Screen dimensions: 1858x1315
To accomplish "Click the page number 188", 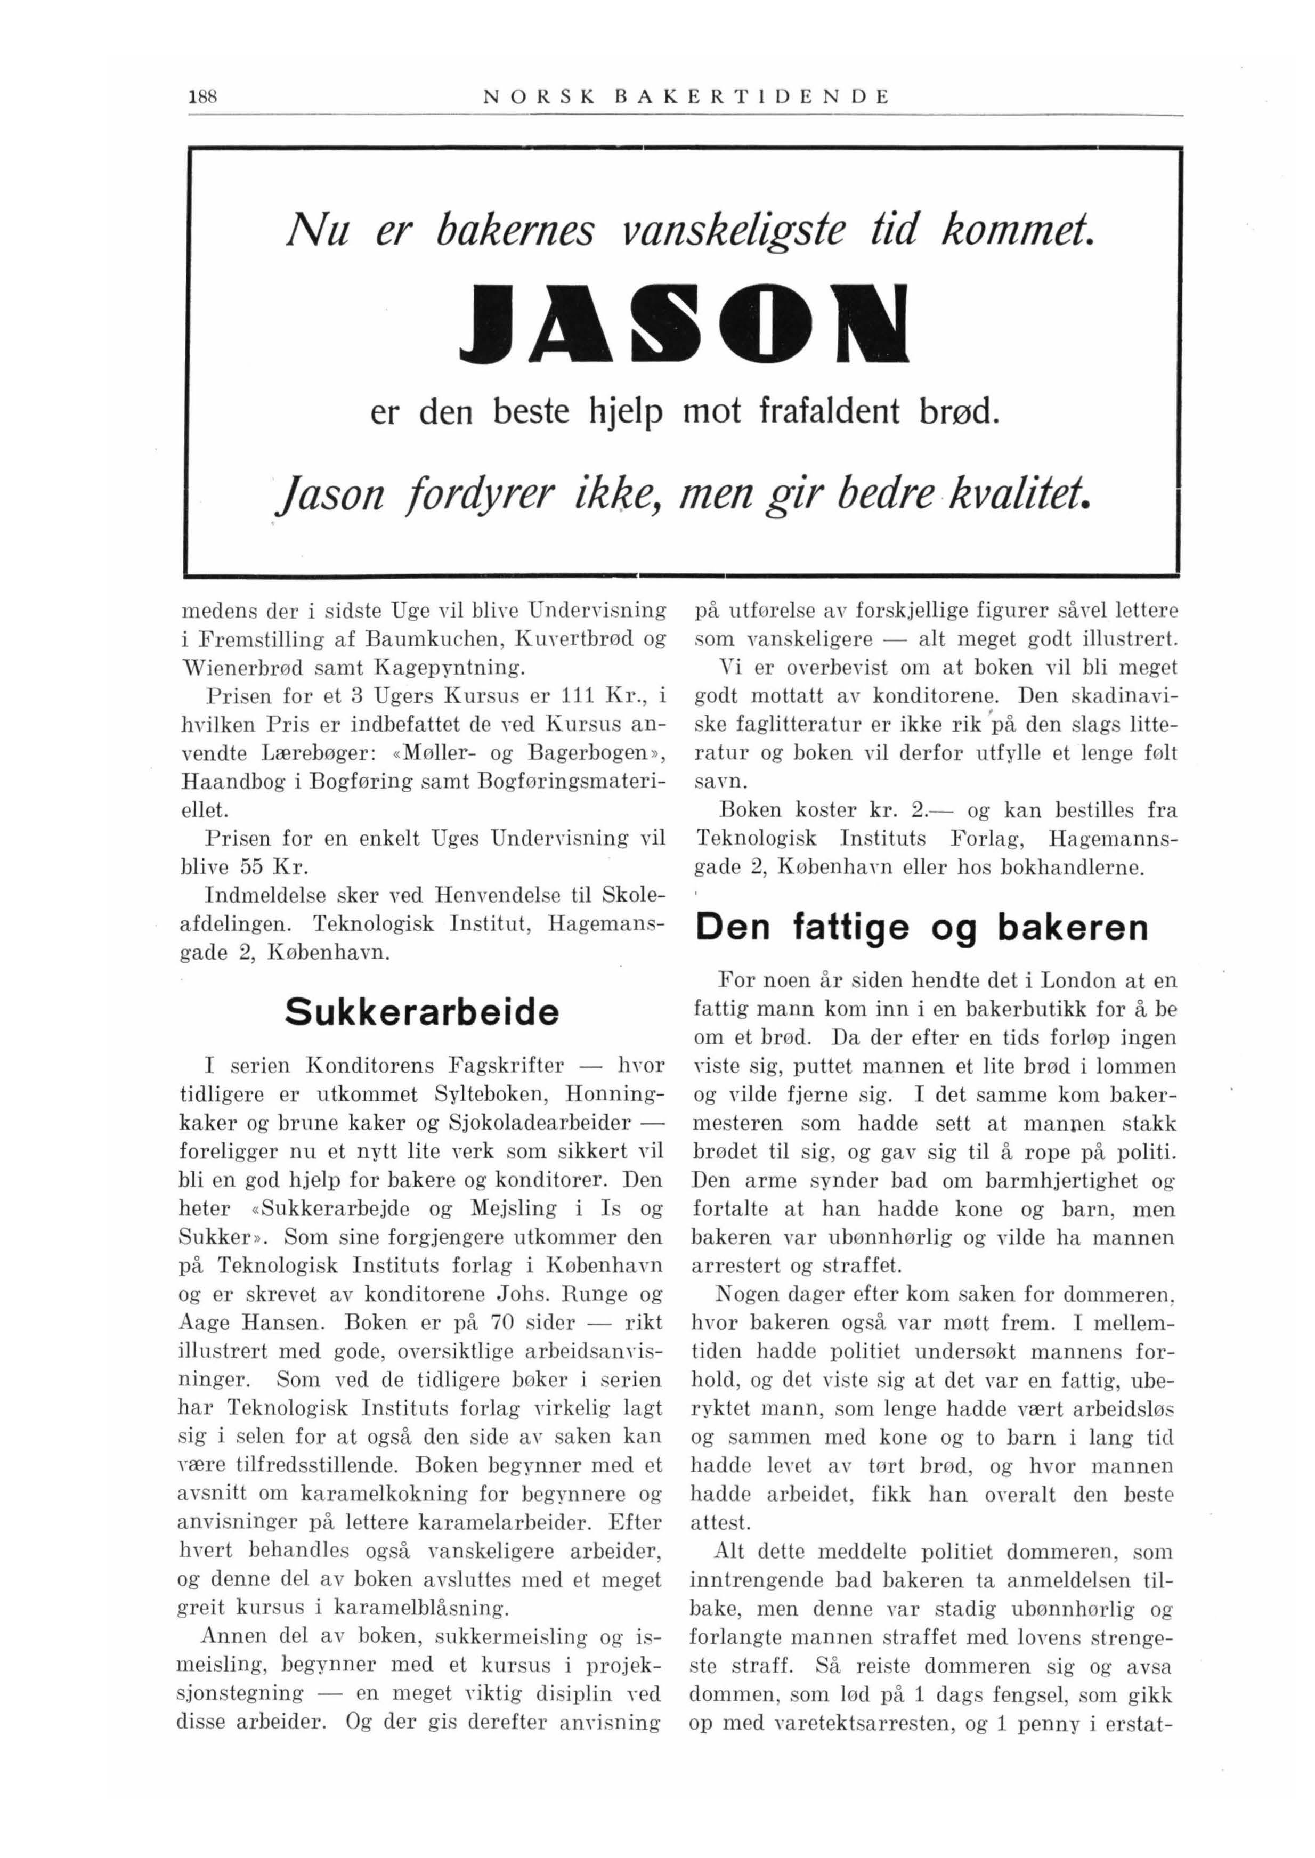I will [x=198, y=97].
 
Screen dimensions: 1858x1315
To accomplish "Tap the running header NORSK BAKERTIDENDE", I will [x=686, y=97].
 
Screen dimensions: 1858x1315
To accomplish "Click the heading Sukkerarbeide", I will [x=422, y=1013].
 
